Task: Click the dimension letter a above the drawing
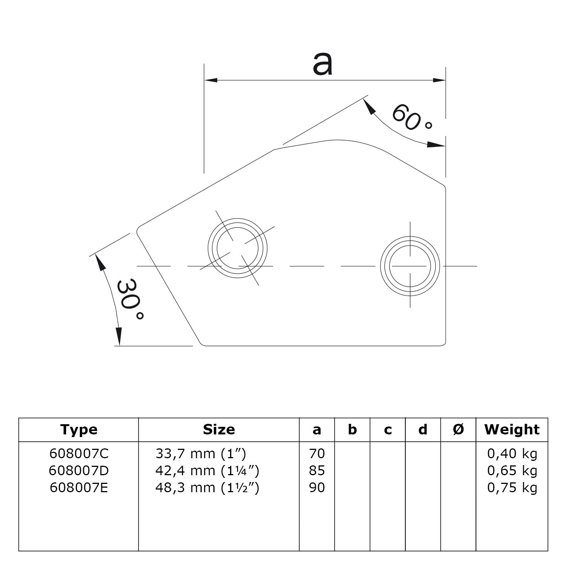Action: tap(323, 64)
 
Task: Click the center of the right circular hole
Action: tap(410, 266)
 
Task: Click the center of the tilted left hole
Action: tap(237, 248)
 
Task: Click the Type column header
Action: tap(79, 429)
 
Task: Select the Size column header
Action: tap(219, 429)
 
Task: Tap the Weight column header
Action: tap(512, 429)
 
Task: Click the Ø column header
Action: tap(458, 429)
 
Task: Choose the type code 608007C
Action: tap(79, 453)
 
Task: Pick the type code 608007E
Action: tap(79, 488)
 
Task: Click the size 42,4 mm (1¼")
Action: tap(207, 471)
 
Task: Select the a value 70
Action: tap(317, 453)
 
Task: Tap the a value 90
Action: tap(317, 488)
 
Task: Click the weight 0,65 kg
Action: tap(512, 471)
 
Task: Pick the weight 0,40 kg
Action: tap(512, 453)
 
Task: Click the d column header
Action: tap(423, 429)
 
